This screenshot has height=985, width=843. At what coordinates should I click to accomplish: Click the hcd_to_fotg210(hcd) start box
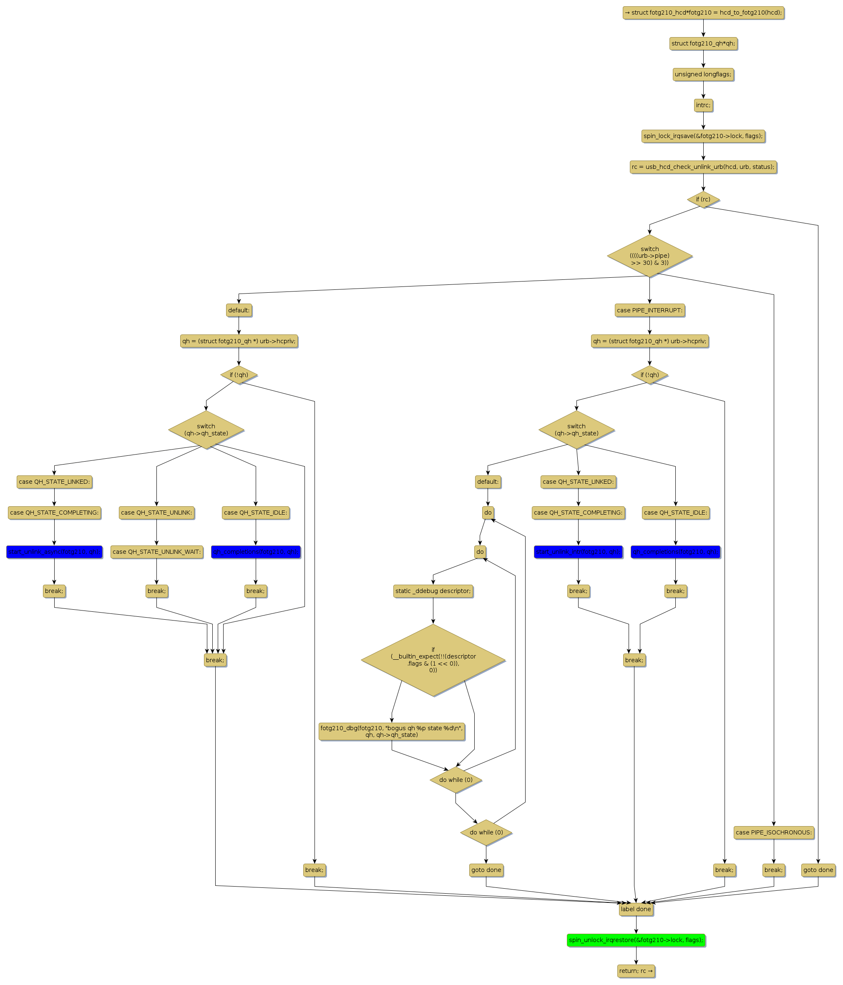click(x=703, y=13)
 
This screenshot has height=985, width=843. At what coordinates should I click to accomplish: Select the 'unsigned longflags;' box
click(x=703, y=75)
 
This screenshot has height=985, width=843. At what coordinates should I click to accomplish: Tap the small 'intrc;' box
click(x=703, y=106)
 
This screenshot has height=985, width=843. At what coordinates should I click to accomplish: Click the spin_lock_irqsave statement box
click(x=703, y=136)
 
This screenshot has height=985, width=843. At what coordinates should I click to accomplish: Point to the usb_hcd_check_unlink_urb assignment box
click(x=703, y=167)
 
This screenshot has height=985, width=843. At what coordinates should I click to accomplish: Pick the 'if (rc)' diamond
click(x=703, y=200)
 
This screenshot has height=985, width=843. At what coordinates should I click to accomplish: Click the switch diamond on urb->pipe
click(x=649, y=256)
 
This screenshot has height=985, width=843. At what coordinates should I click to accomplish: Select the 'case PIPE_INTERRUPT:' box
click(x=649, y=310)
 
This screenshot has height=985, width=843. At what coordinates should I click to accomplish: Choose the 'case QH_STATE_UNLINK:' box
click(x=156, y=513)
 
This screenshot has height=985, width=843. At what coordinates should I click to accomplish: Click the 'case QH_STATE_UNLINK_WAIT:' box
click(x=156, y=552)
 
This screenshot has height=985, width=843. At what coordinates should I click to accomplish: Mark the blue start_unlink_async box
click(x=54, y=552)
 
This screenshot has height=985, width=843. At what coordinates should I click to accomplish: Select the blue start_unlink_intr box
click(x=578, y=552)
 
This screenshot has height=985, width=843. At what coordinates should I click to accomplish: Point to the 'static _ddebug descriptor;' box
click(x=433, y=591)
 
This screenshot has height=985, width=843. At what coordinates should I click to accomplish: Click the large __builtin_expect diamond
click(x=433, y=660)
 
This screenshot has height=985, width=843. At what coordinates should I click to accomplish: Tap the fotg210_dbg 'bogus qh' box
click(x=391, y=731)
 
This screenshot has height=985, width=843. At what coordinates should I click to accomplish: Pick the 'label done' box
click(x=636, y=909)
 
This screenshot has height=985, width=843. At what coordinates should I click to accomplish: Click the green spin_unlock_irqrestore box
click(x=636, y=940)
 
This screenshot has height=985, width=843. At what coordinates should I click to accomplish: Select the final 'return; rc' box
click(x=636, y=971)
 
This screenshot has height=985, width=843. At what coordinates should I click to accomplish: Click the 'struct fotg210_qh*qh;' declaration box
click(x=703, y=44)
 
